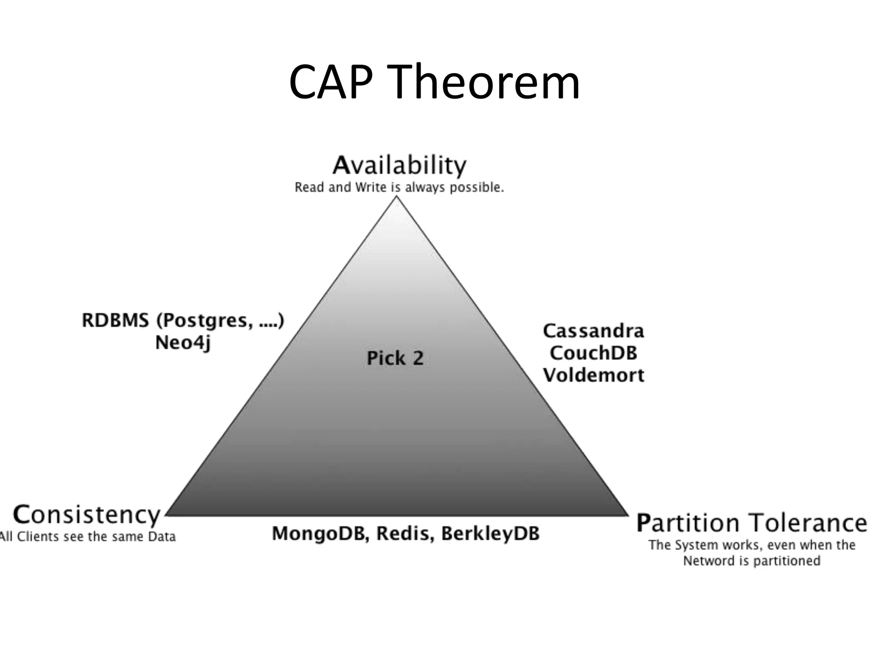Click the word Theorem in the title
(x=484, y=81)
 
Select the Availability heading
(x=399, y=166)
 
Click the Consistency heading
(x=87, y=515)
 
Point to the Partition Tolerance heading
(x=751, y=523)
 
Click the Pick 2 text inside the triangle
(x=395, y=358)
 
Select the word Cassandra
(x=593, y=331)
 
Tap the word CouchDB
(x=593, y=353)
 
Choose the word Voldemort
(x=593, y=375)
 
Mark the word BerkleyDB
(x=490, y=534)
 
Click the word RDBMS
(x=116, y=320)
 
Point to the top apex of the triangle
(x=397, y=197)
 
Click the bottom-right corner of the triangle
(x=627, y=515)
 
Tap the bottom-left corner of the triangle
(x=167, y=515)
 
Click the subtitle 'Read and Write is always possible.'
(x=399, y=187)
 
